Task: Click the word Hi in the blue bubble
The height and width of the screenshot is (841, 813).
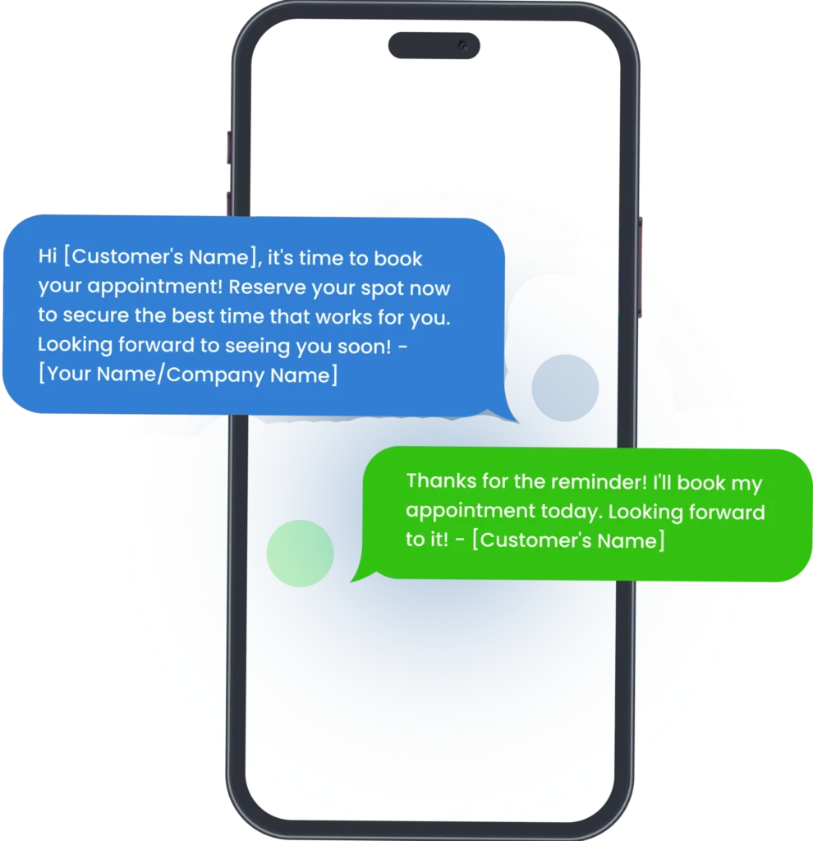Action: [48, 258]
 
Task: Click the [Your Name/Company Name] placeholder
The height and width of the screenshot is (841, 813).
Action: [188, 375]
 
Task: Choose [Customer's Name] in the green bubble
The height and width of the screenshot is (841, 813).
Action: [568, 540]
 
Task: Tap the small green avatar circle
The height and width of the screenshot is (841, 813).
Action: [300, 554]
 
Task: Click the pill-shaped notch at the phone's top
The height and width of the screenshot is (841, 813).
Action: [434, 46]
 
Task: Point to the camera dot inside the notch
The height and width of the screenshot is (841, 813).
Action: [462, 44]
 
